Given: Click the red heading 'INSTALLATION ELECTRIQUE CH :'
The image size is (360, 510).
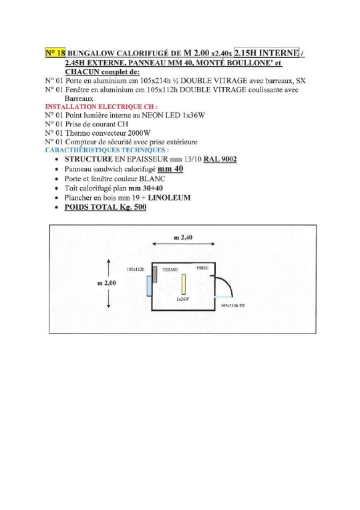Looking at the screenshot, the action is click(101, 106).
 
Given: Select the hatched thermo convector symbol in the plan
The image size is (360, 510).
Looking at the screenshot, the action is click(154, 273).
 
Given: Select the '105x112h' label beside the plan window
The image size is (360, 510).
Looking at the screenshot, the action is click(135, 268).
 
